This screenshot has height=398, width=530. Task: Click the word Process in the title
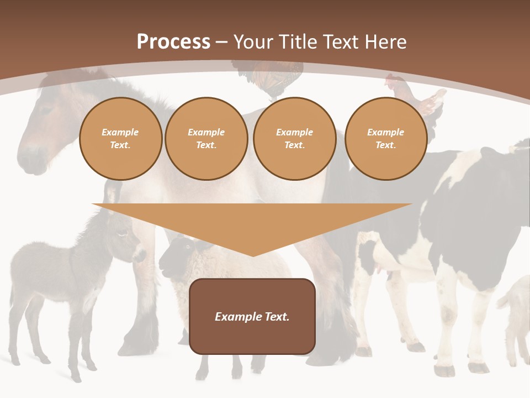click(x=173, y=42)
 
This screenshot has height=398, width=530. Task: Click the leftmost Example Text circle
click(x=120, y=139)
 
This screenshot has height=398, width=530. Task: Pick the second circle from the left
click(x=206, y=139)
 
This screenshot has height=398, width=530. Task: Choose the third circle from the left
click(x=294, y=139)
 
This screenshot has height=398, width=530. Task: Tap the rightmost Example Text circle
click(x=385, y=139)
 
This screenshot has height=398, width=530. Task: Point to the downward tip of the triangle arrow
click(x=253, y=255)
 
